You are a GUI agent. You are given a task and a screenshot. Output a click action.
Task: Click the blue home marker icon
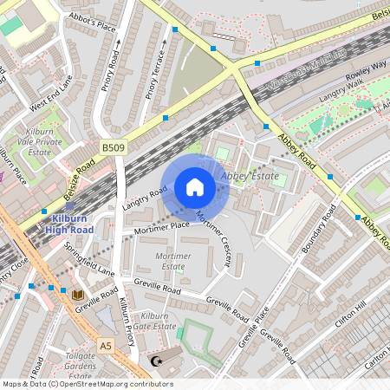pyautogui.click(x=195, y=187)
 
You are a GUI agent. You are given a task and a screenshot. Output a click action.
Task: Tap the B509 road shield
pyautogui.click(x=112, y=148)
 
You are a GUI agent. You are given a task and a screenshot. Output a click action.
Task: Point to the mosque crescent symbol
pyautogui.click(x=157, y=361)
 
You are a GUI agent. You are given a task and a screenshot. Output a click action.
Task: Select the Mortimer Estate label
pyautogui.click(x=170, y=262)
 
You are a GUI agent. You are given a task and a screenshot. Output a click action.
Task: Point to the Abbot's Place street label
pyautogui.click(x=91, y=26)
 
